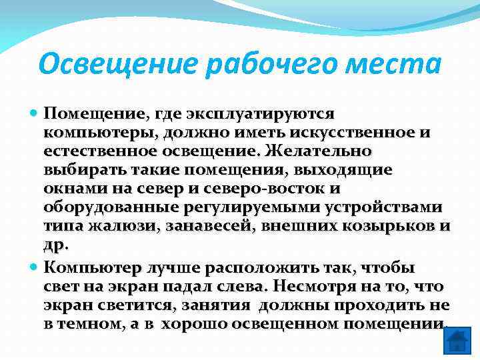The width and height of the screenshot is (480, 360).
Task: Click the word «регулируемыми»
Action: [269, 207]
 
